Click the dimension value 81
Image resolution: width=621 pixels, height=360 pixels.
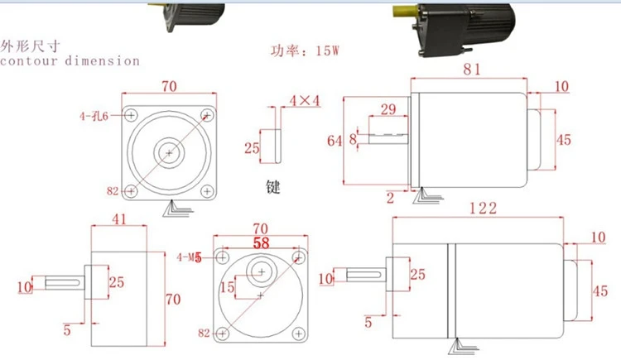(472, 70)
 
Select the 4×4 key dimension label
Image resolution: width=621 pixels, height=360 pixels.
(304, 101)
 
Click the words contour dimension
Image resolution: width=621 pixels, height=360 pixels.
(70, 60)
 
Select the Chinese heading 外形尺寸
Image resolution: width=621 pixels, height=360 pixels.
(31, 46)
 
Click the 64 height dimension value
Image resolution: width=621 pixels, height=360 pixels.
(334, 142)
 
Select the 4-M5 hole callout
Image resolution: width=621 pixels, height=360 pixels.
(189, 258)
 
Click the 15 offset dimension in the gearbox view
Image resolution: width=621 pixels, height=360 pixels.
(228, 286)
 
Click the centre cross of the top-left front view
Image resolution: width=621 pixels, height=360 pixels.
(170, 153)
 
